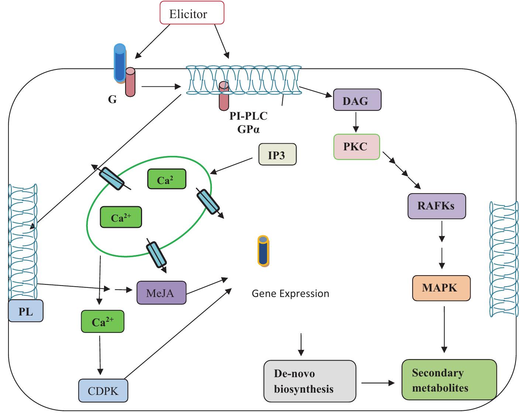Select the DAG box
(x=357, y=100)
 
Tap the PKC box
(x=356, y=147)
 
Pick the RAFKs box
(x=436, y=206)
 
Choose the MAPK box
(x=441, y=288)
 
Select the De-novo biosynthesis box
(x=309, y=381)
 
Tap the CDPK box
(x=103, y=390)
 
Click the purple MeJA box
(x=161, y=293)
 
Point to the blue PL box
(x=25, y=311)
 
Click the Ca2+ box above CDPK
(x=102, y=322)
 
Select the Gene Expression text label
(x=290, y=293)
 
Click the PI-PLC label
(x=248, y=116)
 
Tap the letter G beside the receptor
(x=112, y=99)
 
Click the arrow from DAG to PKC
(x=355, y=122)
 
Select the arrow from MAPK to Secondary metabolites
(x=444, y=328)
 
